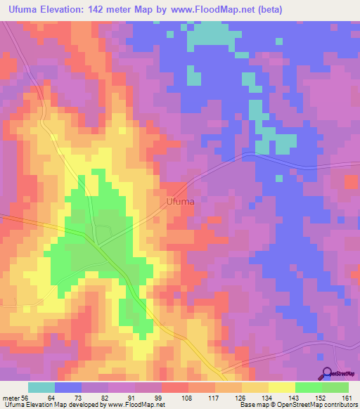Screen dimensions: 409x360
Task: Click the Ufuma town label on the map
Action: pyautogui.click(x=180, y=202)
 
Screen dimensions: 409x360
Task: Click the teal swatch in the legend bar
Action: pyautogui.click(x=41, y=387)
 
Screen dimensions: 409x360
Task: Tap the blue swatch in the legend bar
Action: pyautogui.click(x=68, y=387)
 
